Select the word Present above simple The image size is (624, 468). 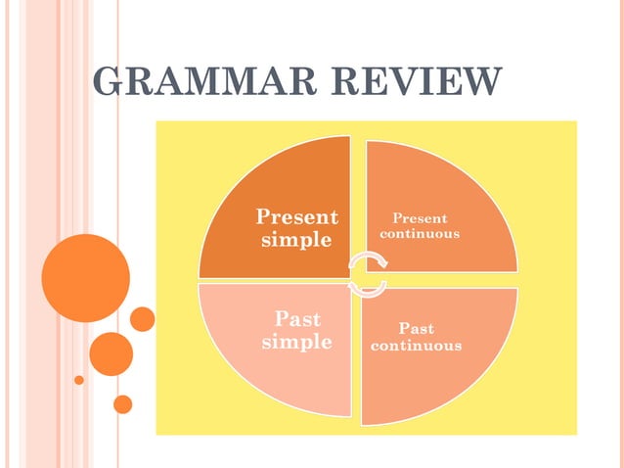click(296, 216)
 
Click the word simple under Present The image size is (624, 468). click(296, 239)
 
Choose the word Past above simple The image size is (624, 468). click(297, 319)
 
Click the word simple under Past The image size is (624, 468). click(296, 342)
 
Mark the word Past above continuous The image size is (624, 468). click(417, 329)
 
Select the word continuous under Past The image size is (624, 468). click(417, 346)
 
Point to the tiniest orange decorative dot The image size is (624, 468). click(79, 379)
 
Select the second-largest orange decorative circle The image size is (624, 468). click(111, 353)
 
